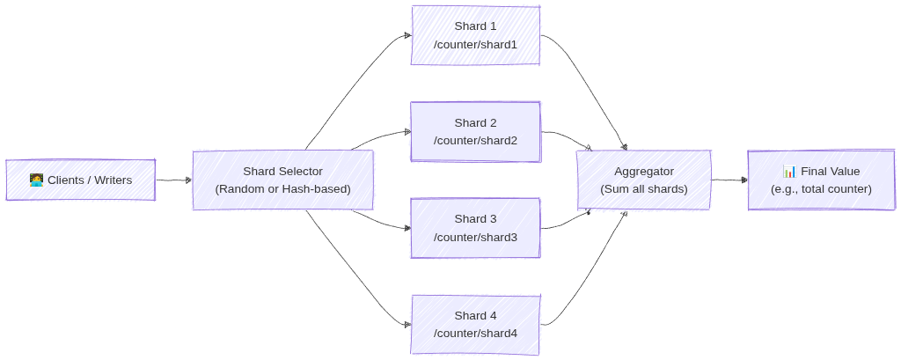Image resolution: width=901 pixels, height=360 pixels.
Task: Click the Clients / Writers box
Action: click(x=81, y=180)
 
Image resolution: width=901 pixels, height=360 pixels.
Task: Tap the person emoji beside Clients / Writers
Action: click(x=37, y=180)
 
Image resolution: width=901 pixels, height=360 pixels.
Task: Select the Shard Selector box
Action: click(x=282, y=180)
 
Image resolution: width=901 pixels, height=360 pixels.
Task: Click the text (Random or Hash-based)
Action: click(x=282, y=189)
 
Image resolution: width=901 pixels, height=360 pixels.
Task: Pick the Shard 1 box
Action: click(x=475, y=35)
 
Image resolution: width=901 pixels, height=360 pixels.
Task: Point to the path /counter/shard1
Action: click(x=475, y=44)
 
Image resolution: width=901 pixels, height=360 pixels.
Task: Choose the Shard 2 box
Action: click(x=475, y=131)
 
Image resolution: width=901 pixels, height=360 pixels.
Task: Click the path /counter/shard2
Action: click(x=475, y=141)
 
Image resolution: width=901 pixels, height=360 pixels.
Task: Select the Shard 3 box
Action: click(x=475, y=228)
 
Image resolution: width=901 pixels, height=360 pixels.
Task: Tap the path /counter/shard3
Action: click(x=475, y=238)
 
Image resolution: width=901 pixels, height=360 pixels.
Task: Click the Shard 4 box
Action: click(x=475, y=325)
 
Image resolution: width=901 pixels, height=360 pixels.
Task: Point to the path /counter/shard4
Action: click(x=475, y=334)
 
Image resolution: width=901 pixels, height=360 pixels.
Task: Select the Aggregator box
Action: click(x=643, y=180)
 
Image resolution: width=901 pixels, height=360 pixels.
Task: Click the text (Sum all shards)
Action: click(x=643, y=189)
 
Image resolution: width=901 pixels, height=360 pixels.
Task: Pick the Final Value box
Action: click(x=821, y=180)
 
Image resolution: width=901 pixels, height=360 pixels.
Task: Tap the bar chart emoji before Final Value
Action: click(x=789, y=172)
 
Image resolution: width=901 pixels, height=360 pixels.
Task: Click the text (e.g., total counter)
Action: click(x=821, y=189)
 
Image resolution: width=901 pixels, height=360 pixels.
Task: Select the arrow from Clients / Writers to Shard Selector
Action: click(x=173, y=180)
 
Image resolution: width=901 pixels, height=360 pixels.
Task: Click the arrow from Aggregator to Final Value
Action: click(x=729, y=180)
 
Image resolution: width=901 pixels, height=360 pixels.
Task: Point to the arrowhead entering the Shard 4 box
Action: click(x=407, y=325)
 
